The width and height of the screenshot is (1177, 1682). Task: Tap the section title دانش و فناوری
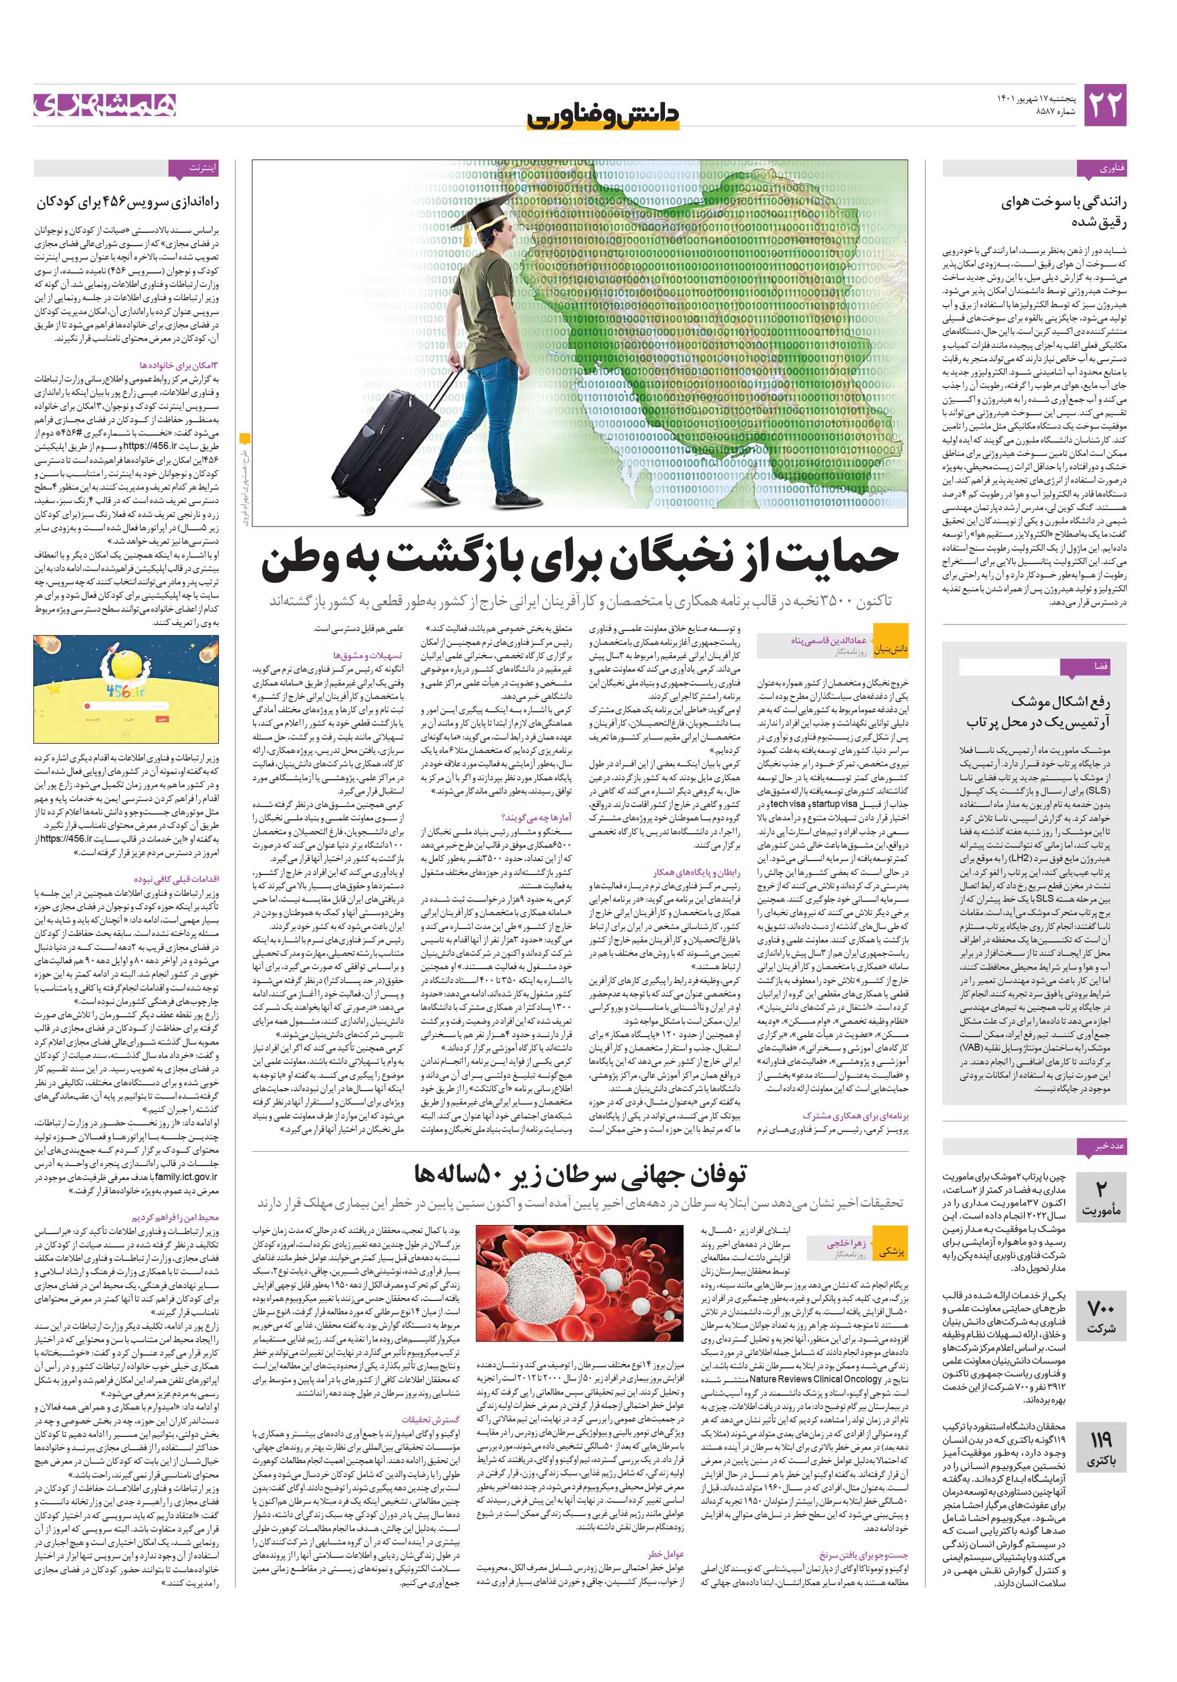[603, 116]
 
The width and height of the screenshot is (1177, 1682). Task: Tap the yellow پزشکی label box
[891, 1251]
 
